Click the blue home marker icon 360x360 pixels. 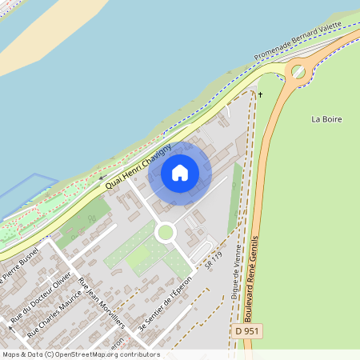coord(180,172)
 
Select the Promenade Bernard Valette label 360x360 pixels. coord(298,42)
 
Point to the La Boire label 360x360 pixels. coord(326,119)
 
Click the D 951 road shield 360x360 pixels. coord(250,330)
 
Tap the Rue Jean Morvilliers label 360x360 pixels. coord(102,303)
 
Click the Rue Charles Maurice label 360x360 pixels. coord(54,312)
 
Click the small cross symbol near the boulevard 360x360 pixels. coord(260,94)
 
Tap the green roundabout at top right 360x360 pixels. coord(298,72)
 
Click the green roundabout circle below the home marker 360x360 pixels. coord(166,232)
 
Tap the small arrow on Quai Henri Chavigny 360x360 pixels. coord(102,178)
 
